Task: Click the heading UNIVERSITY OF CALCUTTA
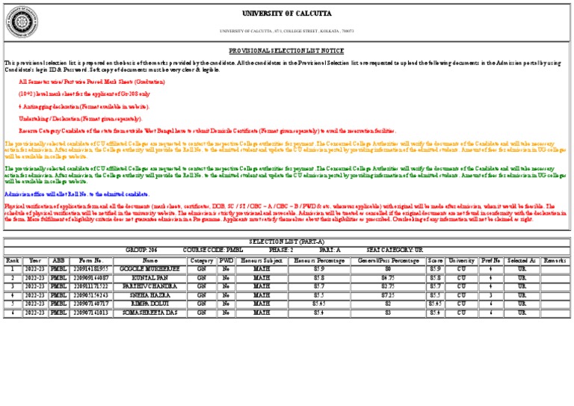tap(286, 13)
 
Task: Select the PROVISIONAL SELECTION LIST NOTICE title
tap(286, 50)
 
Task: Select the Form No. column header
tap(90, 259)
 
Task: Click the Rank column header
tap(13, 259)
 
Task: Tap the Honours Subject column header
tap(262, 259)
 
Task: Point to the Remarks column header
tap(555, 259)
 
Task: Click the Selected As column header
tap(522, 259)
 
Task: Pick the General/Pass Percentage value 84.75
tap(388, 277)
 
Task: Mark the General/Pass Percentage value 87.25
tap(388, 295)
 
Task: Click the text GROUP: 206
tap(141, 249)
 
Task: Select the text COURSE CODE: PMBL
tap(213, 249)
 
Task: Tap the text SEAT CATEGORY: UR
tap(395, 249)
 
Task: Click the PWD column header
tap(226, 259)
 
